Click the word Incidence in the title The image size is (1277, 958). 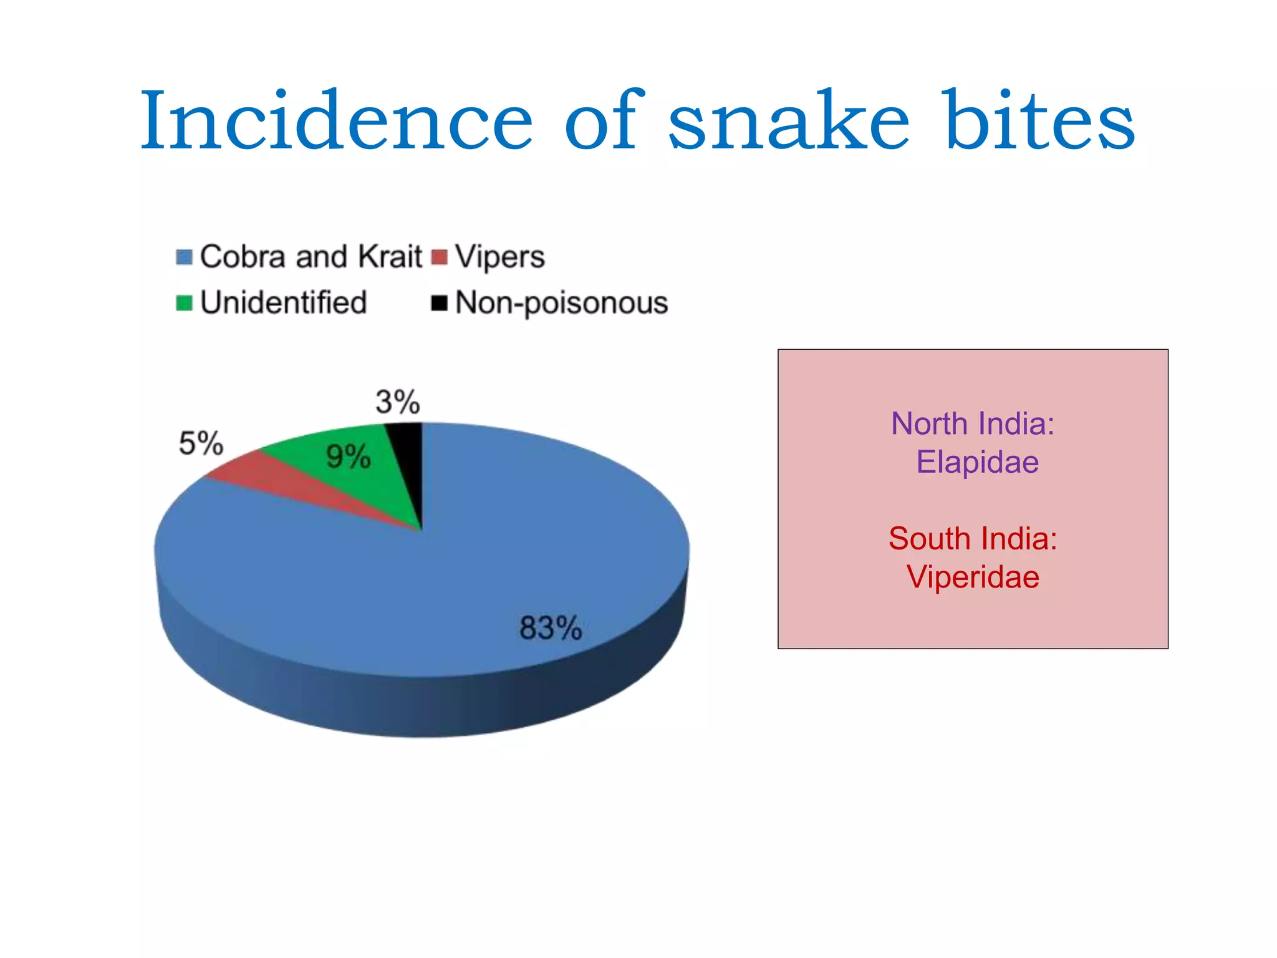click(337, 122)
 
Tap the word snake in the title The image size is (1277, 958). click(789, 122)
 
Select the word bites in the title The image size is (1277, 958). click(1040, 122)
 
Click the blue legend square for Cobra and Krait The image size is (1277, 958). click(184, 257)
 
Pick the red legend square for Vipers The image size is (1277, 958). click(440, 257)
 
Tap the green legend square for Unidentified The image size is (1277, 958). click(184, 303)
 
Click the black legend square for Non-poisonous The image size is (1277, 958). click(440, 303)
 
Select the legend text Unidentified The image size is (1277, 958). click(284, 302)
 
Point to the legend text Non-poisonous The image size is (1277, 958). click(561, 304)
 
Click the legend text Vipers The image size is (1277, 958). click(499, 257)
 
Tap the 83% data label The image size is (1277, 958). click(551, 628)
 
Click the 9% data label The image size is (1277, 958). click(349, 457)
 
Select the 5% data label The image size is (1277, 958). click(201, 444)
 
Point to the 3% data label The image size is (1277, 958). click(398, 402)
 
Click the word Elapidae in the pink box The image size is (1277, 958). click(977, 462)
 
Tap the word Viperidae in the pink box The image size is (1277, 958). click(973, 577)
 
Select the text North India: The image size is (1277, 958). click(973, 423)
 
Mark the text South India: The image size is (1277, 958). click(973, 538)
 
